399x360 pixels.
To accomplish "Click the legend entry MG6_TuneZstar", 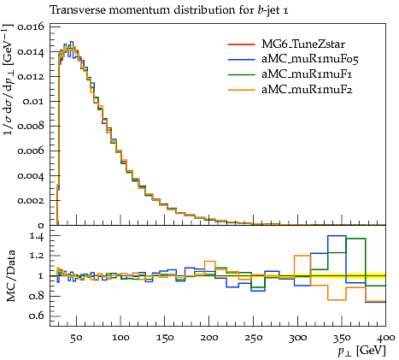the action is pyautogui.click(x=303, y=44).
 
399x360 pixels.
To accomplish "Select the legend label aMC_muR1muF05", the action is pyautogui.click(x=310, y=59).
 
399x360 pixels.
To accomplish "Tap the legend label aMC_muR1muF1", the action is pyautogui.click(x=307, y=74).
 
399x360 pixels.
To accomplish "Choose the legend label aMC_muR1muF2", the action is pyautogui.click(x=307, y=90).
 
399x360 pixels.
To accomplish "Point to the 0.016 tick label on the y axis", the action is pyautogui.click(x=31, y=27).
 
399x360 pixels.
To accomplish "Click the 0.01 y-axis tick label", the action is pyautogui.click(x=34, y=101).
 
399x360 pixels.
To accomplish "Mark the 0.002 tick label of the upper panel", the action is pyautogui.click(x=31, y=200).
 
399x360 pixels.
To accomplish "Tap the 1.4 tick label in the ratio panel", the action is pyautogui.click(x=37, y=236).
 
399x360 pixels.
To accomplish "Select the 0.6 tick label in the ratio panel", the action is pyautogui.click(x=37, y=316).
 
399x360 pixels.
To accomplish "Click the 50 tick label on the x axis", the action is pyautogui.click(x=76, y=338).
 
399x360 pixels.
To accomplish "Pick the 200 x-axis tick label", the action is pyautogui.click(x=209, y=338).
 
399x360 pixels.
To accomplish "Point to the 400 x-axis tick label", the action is pyautogui.click(x=385, y=338).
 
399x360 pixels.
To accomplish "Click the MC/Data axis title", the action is pyautogui.click(x=11, y=275).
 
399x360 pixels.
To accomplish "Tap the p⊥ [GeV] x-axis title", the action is pyautogui.click(x=361, y=351).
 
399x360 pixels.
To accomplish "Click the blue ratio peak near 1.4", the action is pyautogui.click(x=337, y=236).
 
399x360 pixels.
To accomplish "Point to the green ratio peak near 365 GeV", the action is pyautogui.click(x=355, y=239).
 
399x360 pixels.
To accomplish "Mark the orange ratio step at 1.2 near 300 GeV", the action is pyautogui.click(x=302, y=256).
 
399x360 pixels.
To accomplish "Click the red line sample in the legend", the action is pyautogui.click(x=241, y=44).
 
